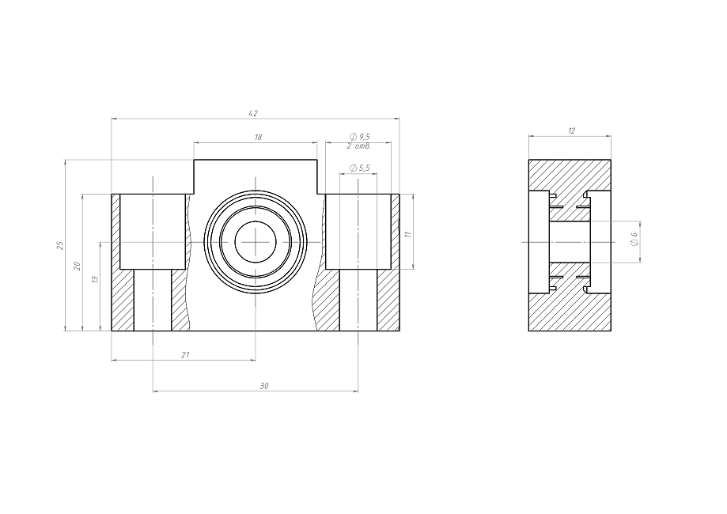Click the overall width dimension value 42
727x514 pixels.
tap(253, 113)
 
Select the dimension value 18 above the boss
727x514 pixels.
tap(258, 137)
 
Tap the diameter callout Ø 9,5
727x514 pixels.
tap(360, 137)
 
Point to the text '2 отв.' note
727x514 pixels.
tap(359, 146)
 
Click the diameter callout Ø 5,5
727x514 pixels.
tap(360, 168)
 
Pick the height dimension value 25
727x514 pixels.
tap(60, 245)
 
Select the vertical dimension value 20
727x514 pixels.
tap(78, 266)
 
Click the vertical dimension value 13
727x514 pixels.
tap(96, 279)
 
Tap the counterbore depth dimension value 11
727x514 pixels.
tap(408, 235)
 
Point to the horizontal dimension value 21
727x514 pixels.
tap(185, 355)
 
